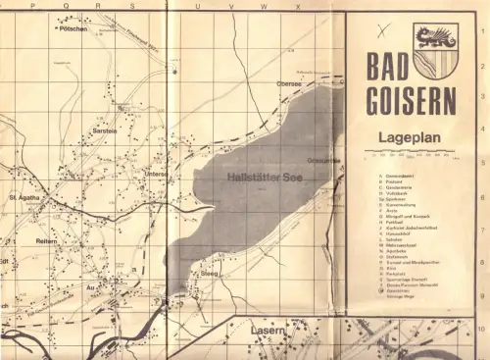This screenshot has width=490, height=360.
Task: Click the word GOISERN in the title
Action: [x=412, y=101]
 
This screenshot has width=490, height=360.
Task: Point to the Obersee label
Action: [x=289, y=84]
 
